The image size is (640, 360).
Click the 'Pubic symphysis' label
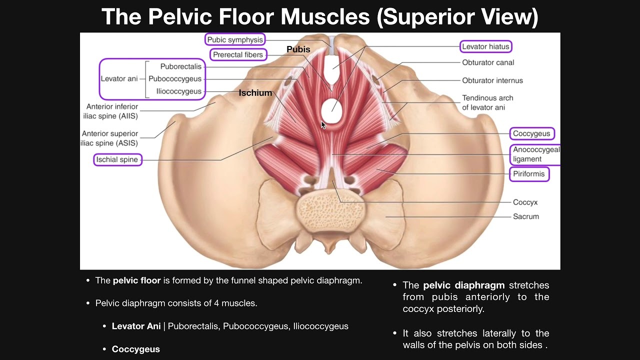pyautogui.click(x=234, y=39)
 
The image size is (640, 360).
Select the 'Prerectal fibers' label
pyautogui.click(x=237, y=54)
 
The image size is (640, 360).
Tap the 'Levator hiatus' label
pyautogui.click(x=485, y=46)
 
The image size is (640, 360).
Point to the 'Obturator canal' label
pyautogui.click(x=488, y=62)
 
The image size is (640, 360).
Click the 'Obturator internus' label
pyautogui.click(x=492, y=80)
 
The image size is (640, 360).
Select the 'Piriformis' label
pyautogui.click(x=529, y=174)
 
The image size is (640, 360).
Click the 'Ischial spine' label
pyautogui.click(x=117, y=160)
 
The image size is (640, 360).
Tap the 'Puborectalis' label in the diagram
pyautogui.click(x=180, y=66)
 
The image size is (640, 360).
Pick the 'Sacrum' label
pyautogui.click(x=525, y=216)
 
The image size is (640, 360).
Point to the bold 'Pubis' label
pyautogui.click(x=298, y=49)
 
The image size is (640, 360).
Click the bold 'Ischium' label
pyautogui.click(x=255, y=93)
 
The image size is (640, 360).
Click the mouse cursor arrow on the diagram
pyautogui.click(x=323, y=125)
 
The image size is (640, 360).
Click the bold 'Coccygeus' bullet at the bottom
pyautogui.click(x=135, y=349)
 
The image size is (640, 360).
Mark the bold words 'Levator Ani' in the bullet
pyautogui.click(x=136, y=326)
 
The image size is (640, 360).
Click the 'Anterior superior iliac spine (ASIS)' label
pyautogui.click(x=110, y=138)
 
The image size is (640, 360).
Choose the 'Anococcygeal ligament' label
pyautogui.click(x=535, y=154)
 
